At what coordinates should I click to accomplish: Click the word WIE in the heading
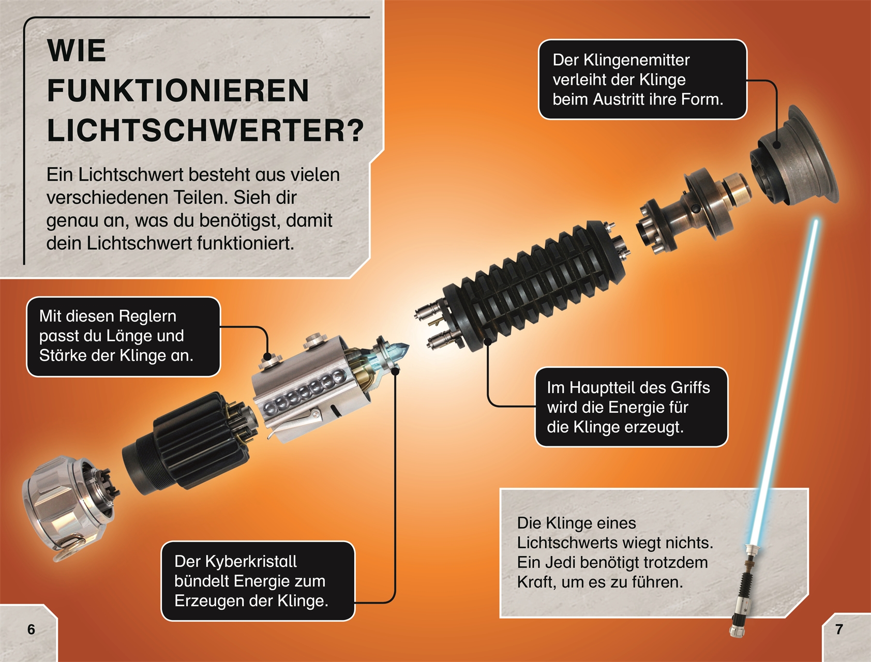click(77, 51)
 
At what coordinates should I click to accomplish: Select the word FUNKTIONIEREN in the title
click(178, 91)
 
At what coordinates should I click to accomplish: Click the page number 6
click(32, 629)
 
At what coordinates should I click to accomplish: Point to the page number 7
click(839, 629)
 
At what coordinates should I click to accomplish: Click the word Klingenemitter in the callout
click(637, 60)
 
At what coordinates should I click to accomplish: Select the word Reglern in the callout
click(147, 316)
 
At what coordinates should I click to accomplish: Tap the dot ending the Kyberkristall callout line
click(395, 371)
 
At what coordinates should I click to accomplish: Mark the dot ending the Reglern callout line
click(267, 356)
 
